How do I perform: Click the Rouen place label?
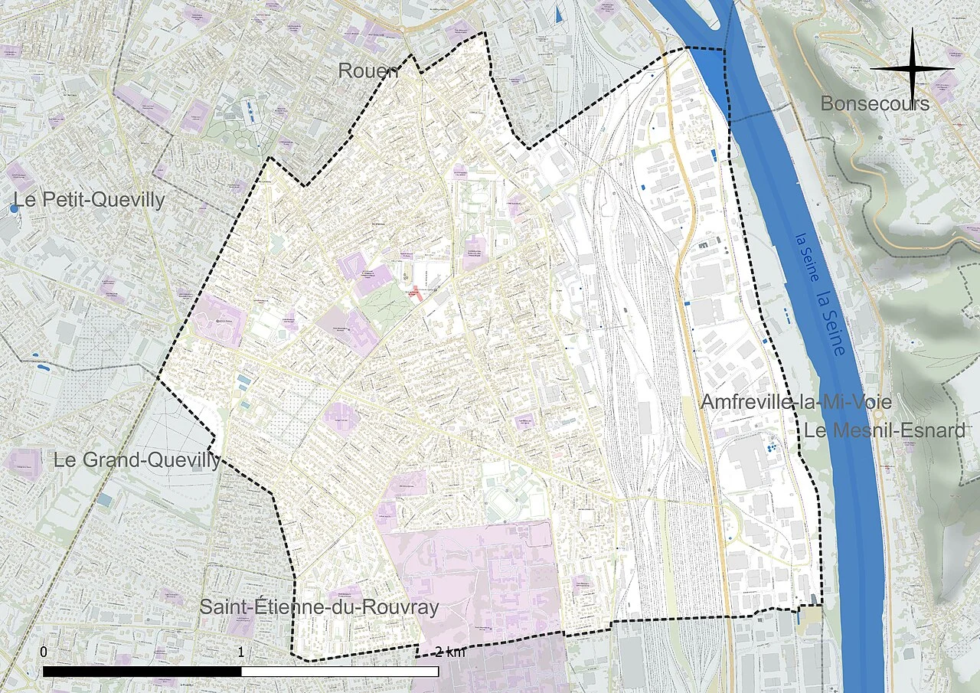pos(368,71)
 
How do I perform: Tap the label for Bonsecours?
pos(874,103)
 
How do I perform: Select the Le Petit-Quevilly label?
pos(88,201)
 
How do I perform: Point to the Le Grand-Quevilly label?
pos(136,460)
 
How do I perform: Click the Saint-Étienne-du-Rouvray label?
pos(319,607)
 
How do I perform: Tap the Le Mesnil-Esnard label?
pos(884,430)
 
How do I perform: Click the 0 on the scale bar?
pos(44,652)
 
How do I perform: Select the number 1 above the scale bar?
pos(241,652)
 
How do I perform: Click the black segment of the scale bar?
pos(142,672)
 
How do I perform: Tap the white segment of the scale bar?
pos(340,672)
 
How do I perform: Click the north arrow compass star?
pos(912,69)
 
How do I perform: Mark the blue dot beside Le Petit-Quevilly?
pos(14,208)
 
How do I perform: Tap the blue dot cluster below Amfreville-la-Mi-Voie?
pos(772,445)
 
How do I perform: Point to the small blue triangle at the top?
pos(559,13)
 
